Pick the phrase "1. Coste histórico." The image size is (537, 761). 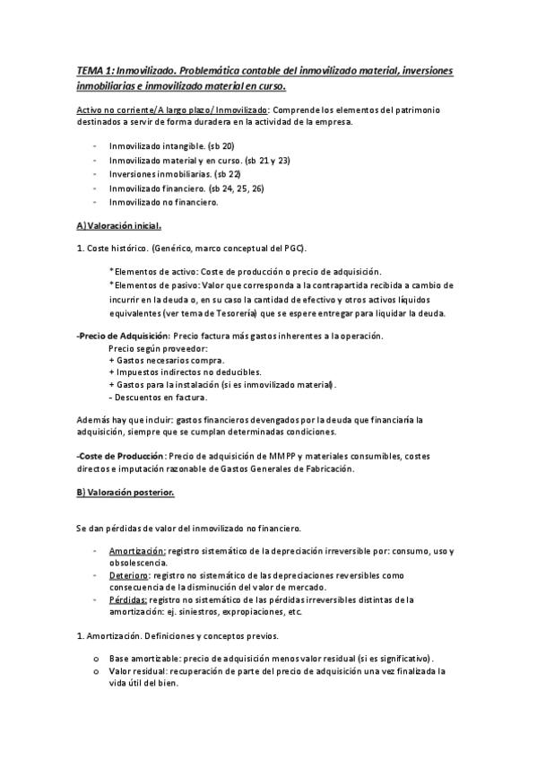pyautogui.click(x=113, y=248)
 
